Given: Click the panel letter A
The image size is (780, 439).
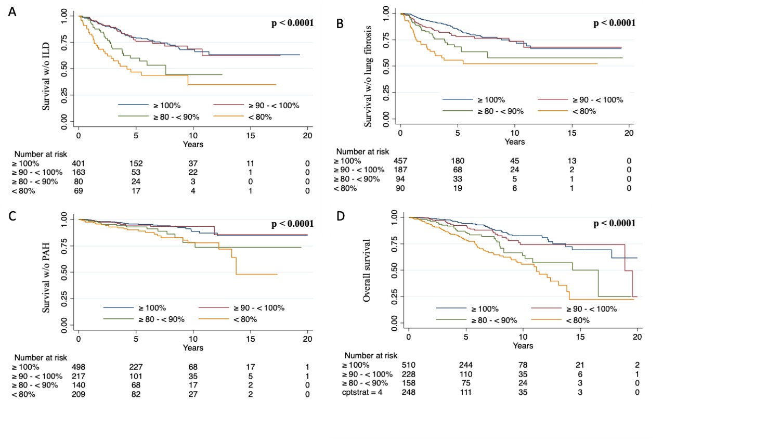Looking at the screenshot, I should pyautogui.click(x=12, y=11).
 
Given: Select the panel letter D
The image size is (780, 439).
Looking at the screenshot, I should pyautogui.click(x=341, y=215).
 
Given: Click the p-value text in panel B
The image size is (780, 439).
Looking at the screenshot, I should pyautogui.click(x=614, y=23).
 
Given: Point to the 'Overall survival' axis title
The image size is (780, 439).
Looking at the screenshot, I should pyautogui.click(x=367, y=270).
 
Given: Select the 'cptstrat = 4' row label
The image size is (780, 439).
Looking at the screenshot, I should pyautogui.click(x=362, y=392).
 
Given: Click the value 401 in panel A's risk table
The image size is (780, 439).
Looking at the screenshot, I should pyautogui.click(x=79, y=163).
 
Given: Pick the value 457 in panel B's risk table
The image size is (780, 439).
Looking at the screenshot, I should pyautogui.click(x=400, y=161).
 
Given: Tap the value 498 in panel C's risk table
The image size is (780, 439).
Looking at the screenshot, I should pyautogui.click(x=79, y=367).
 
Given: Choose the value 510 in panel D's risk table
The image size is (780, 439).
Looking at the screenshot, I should pyautogui.click(x=409, y=365).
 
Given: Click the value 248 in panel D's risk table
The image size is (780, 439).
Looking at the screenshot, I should pyautogui.click(x=409, y=392).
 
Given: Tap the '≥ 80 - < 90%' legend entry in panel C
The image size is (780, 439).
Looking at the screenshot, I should pyautogui.click(x=161, y=319).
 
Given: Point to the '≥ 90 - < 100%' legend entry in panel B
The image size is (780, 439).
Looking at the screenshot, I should pyautogui.click(x=597, y=100).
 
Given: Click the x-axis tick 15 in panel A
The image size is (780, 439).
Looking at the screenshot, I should pyautogui.click(x=251, y=136).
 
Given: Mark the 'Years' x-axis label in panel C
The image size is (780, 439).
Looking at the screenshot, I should pyautogui.click(x=193, y=348).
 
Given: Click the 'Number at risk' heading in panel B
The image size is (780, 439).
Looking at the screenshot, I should pyautogui.click(x=362, y=151).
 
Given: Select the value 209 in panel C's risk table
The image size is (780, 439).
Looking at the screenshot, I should pyautogui.click(x=79, y=394).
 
